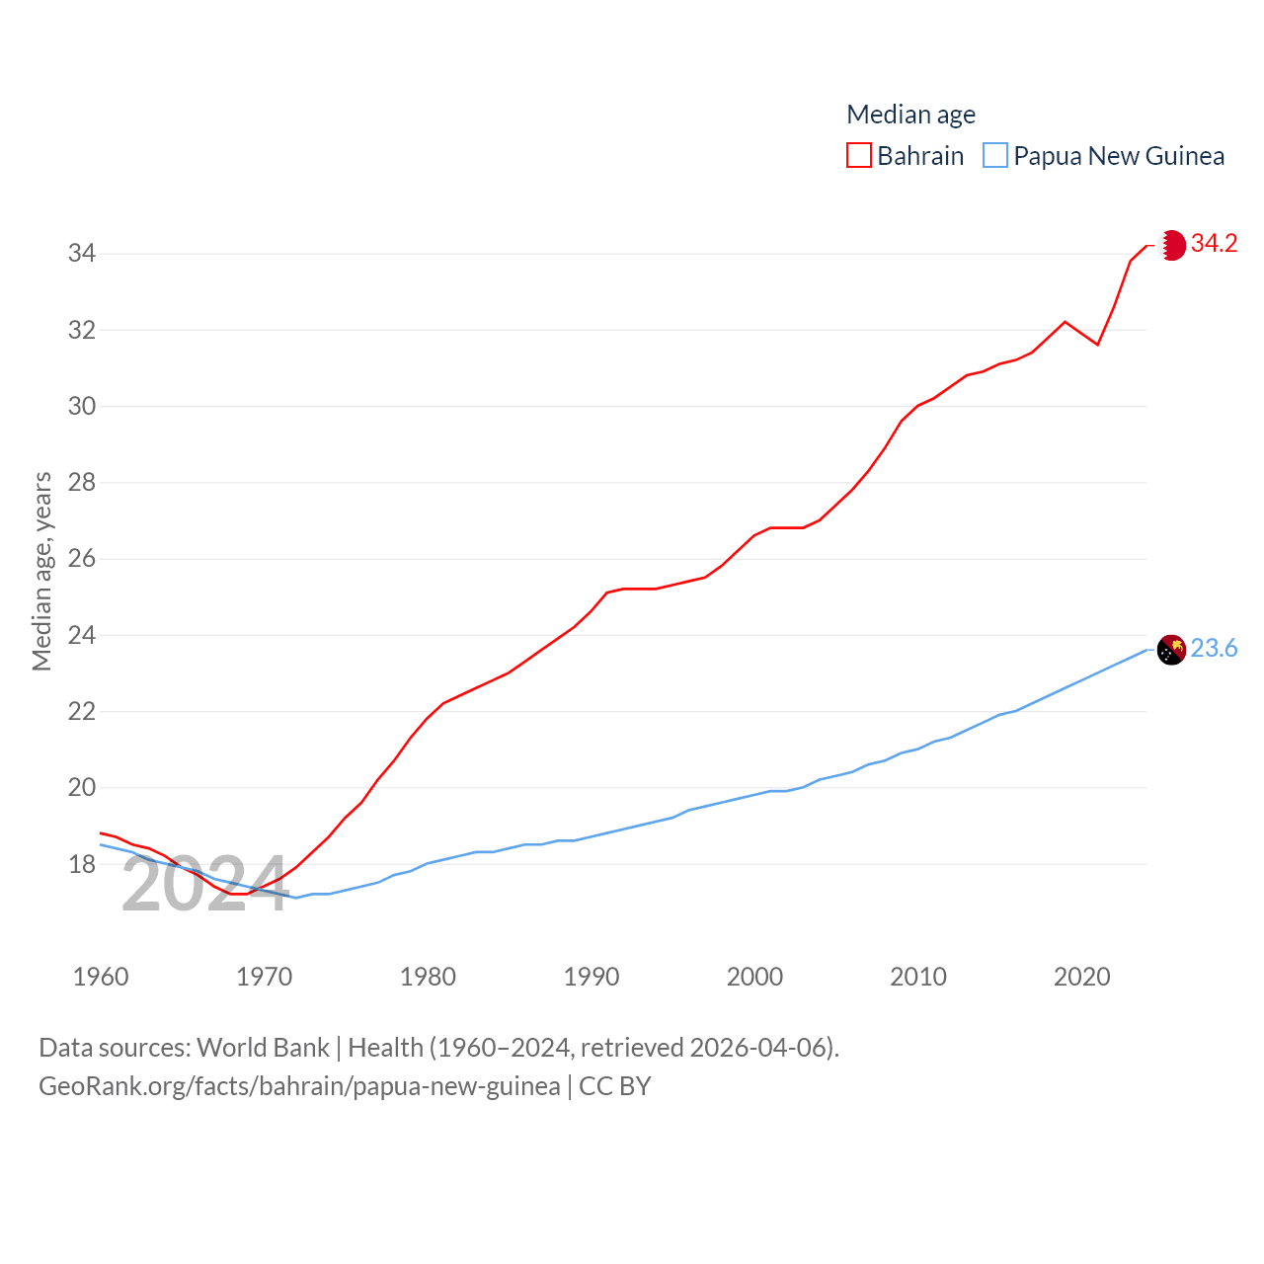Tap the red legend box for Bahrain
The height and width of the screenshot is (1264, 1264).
(x=859, y=156)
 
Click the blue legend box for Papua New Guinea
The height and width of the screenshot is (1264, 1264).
(x=995, y=156)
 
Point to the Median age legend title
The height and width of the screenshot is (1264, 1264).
(x=910, y=115)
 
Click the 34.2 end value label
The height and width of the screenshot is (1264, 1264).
(x=1214, y=243)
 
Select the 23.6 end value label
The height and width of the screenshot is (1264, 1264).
(x=1214, y=648)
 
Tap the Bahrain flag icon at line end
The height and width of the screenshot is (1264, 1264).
(x=1172, y=245)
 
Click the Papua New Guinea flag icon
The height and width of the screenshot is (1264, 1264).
(x=1171, y=650)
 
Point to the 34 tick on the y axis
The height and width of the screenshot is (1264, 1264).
(x=82, y=254)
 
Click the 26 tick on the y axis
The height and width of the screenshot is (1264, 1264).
(x=82, y=559)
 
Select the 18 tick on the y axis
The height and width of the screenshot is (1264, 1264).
(x=82, y=864)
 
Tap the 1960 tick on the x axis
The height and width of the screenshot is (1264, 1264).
(x=101, y=977)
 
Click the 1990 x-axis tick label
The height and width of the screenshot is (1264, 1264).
(x=592, y=977)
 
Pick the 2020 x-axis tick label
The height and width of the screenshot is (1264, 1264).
(x=1082, y=977)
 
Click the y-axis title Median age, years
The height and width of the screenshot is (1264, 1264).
(x=41, y=571)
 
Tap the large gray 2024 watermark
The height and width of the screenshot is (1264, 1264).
(x=204, y=885)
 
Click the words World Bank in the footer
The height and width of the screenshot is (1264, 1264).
(x=263, y=1047)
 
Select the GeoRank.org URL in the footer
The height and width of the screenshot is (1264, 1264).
(x=299, y=1086)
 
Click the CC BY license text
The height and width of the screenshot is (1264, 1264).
(x=615, y=1086)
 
